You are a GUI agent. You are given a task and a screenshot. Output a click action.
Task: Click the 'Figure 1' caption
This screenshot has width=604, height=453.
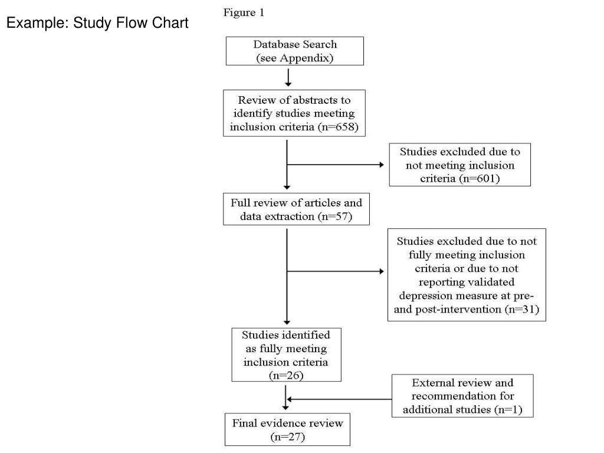point(244,13)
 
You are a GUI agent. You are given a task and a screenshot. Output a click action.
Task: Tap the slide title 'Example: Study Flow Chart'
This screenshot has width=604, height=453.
point(97,23)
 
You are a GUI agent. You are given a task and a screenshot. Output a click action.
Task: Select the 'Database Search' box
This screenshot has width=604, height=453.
point(295,51)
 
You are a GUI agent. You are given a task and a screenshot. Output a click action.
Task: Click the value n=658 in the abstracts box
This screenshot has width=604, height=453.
point(338,127)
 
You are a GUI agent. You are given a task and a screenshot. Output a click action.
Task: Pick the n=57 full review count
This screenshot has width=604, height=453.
point(335,216)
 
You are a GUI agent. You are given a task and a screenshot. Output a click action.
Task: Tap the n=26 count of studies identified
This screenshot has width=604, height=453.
point(286,376)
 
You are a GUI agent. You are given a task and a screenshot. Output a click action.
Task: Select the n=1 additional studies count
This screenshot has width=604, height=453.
point(508,409)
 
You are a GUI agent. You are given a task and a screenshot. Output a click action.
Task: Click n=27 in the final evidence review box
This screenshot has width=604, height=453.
point(288,437)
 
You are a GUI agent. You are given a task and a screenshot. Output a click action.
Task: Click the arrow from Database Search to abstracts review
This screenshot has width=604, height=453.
point(288,77)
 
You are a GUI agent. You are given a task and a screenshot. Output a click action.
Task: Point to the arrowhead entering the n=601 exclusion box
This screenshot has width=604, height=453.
point(382,165)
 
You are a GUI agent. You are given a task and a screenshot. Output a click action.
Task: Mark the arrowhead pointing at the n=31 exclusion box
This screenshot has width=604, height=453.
point(382,271)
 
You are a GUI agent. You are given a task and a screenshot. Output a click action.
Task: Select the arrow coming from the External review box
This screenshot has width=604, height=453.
point(339,399)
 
